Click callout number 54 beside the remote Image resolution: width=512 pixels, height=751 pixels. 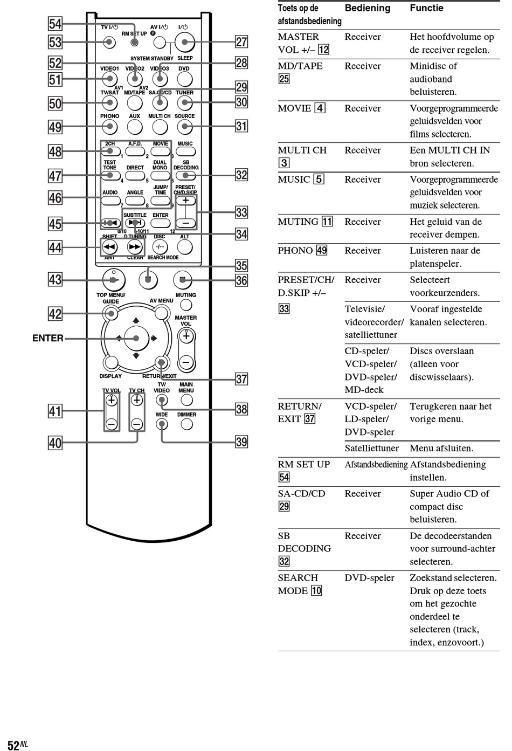click(x=56, y=24)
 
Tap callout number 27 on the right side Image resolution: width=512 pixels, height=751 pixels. click(x=241, y=42)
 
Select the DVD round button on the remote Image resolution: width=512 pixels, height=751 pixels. click(x=185, y=79)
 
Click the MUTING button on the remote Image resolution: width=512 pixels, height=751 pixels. click(x=186, y=305)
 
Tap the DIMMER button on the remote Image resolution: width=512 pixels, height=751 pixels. click(x=186, y=424)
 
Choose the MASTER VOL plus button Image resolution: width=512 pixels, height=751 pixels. click(x=186, y=336)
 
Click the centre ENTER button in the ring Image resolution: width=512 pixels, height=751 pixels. click(x=136, y=338)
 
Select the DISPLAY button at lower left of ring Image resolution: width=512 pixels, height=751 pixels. click(x=111, y=363)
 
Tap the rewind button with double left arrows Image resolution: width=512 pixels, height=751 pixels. click(x=109, y=247)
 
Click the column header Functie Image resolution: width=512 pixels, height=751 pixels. click(x=426, y=8)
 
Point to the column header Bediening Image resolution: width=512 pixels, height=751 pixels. click(x=367, y=8)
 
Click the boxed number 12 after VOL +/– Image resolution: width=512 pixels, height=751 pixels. click(x=323, y=50)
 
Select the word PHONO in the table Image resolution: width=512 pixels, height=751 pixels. click(x=295, y=251)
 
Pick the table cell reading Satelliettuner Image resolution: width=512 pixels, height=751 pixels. click(x=371, y=448)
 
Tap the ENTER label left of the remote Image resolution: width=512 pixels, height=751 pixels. click(x=48, y=338)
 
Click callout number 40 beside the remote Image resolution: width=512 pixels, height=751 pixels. click(x=56, y=443)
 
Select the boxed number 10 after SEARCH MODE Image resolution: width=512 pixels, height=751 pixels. click(x=317, y=590)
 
